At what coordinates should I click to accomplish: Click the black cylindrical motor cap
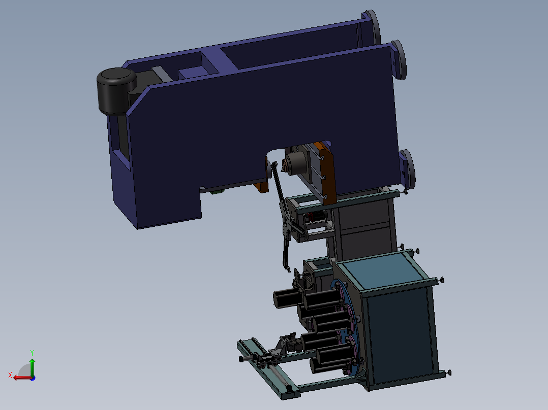116,90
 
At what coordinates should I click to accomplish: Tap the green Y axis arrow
32,367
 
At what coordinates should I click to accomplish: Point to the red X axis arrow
22,378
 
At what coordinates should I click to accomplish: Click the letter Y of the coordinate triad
32,353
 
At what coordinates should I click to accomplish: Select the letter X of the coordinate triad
10,375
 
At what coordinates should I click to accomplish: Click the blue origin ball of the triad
33,378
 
